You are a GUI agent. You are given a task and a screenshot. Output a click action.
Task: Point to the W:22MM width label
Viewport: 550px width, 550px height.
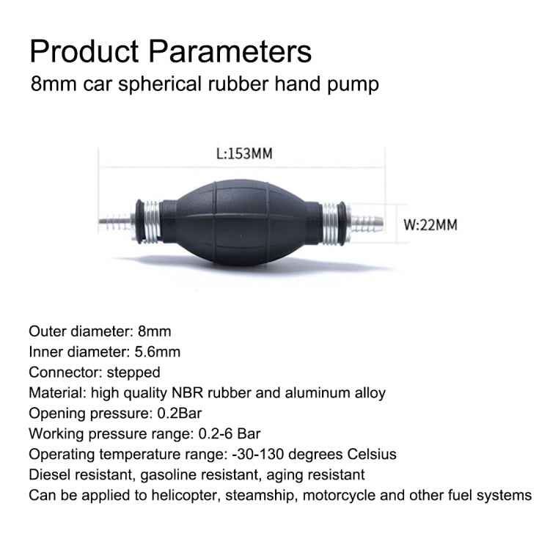point(431,224)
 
